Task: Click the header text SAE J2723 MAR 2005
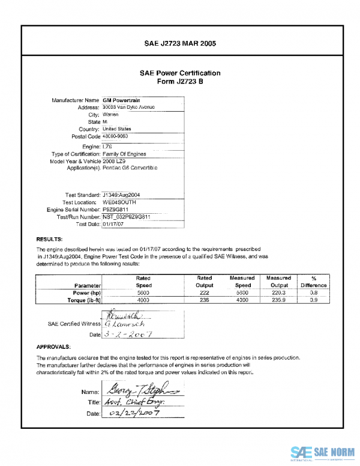click(x=180, y=44)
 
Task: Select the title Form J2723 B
click(x=180, y=82)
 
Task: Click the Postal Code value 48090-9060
click(x=116, y=136)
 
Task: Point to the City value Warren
click(x=110, y=114)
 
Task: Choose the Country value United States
click(x=117, y=129)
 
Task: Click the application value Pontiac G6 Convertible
click(x=130, y=168)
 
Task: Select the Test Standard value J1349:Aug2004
click(x=122, y=195)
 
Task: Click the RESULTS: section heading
click(x=49, y=239)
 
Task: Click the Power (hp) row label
click(x=86, y=292)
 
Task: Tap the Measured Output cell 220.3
click(x=277, y=292)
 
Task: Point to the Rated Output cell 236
click(x=204, y=300)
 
